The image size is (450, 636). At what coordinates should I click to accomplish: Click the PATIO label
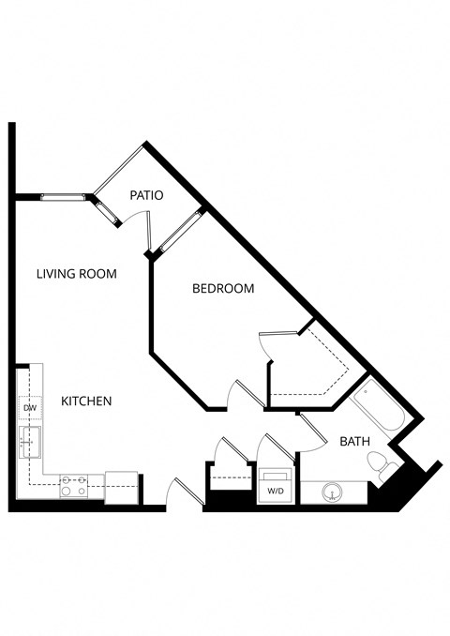[147, 196]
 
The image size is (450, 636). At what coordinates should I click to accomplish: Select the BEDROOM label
[223, 289]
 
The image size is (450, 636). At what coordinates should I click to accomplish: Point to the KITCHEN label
[86, 401]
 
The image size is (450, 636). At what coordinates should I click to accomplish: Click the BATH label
[354, 441]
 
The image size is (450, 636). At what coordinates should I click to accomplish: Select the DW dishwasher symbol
[29, 409]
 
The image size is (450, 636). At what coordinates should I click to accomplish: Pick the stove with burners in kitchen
[74, 486]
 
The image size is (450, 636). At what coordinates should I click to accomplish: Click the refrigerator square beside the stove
[121, 487]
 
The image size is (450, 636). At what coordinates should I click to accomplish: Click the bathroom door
[309, 427]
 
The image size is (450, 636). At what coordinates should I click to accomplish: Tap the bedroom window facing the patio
[179, 231]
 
